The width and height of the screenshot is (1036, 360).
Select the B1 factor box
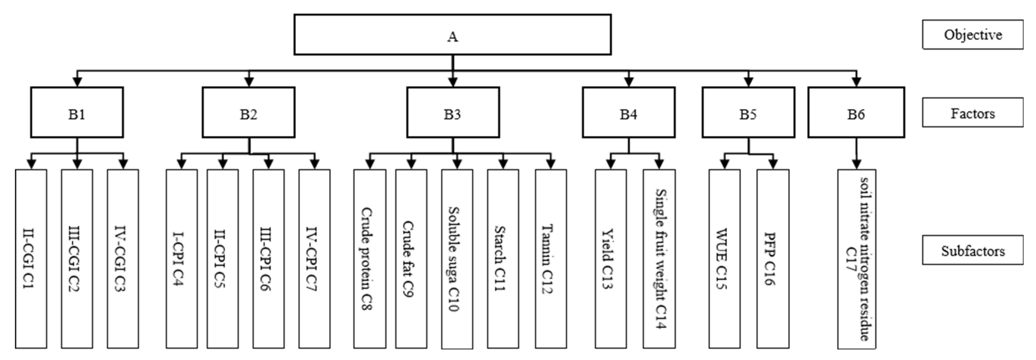point(77,112)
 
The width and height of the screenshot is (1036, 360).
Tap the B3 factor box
point(453,112)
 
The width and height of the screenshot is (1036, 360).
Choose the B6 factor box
point(856,112)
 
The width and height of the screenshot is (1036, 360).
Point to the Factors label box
point(973,112)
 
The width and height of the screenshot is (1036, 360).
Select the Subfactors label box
point(973,250)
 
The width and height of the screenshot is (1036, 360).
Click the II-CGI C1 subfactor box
point(31,258)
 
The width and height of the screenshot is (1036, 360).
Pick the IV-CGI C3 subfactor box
point(123,258)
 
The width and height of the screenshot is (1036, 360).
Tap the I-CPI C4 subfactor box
point(181,258)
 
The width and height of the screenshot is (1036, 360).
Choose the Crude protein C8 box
point(370,258)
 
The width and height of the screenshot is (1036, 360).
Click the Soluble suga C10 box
point(457,258)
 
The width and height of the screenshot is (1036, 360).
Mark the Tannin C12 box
point(551,258)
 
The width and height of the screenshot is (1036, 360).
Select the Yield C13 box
point(610,258)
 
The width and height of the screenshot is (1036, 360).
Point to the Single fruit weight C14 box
point(659,258)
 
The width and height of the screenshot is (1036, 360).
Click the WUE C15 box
point(724,258)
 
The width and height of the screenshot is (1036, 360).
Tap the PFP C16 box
point(773,258)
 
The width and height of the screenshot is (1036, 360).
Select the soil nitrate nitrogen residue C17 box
point(856,258)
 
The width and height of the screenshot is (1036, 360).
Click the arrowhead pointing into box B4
point(629,82)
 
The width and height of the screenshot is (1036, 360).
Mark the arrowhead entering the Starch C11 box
point(503,164)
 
